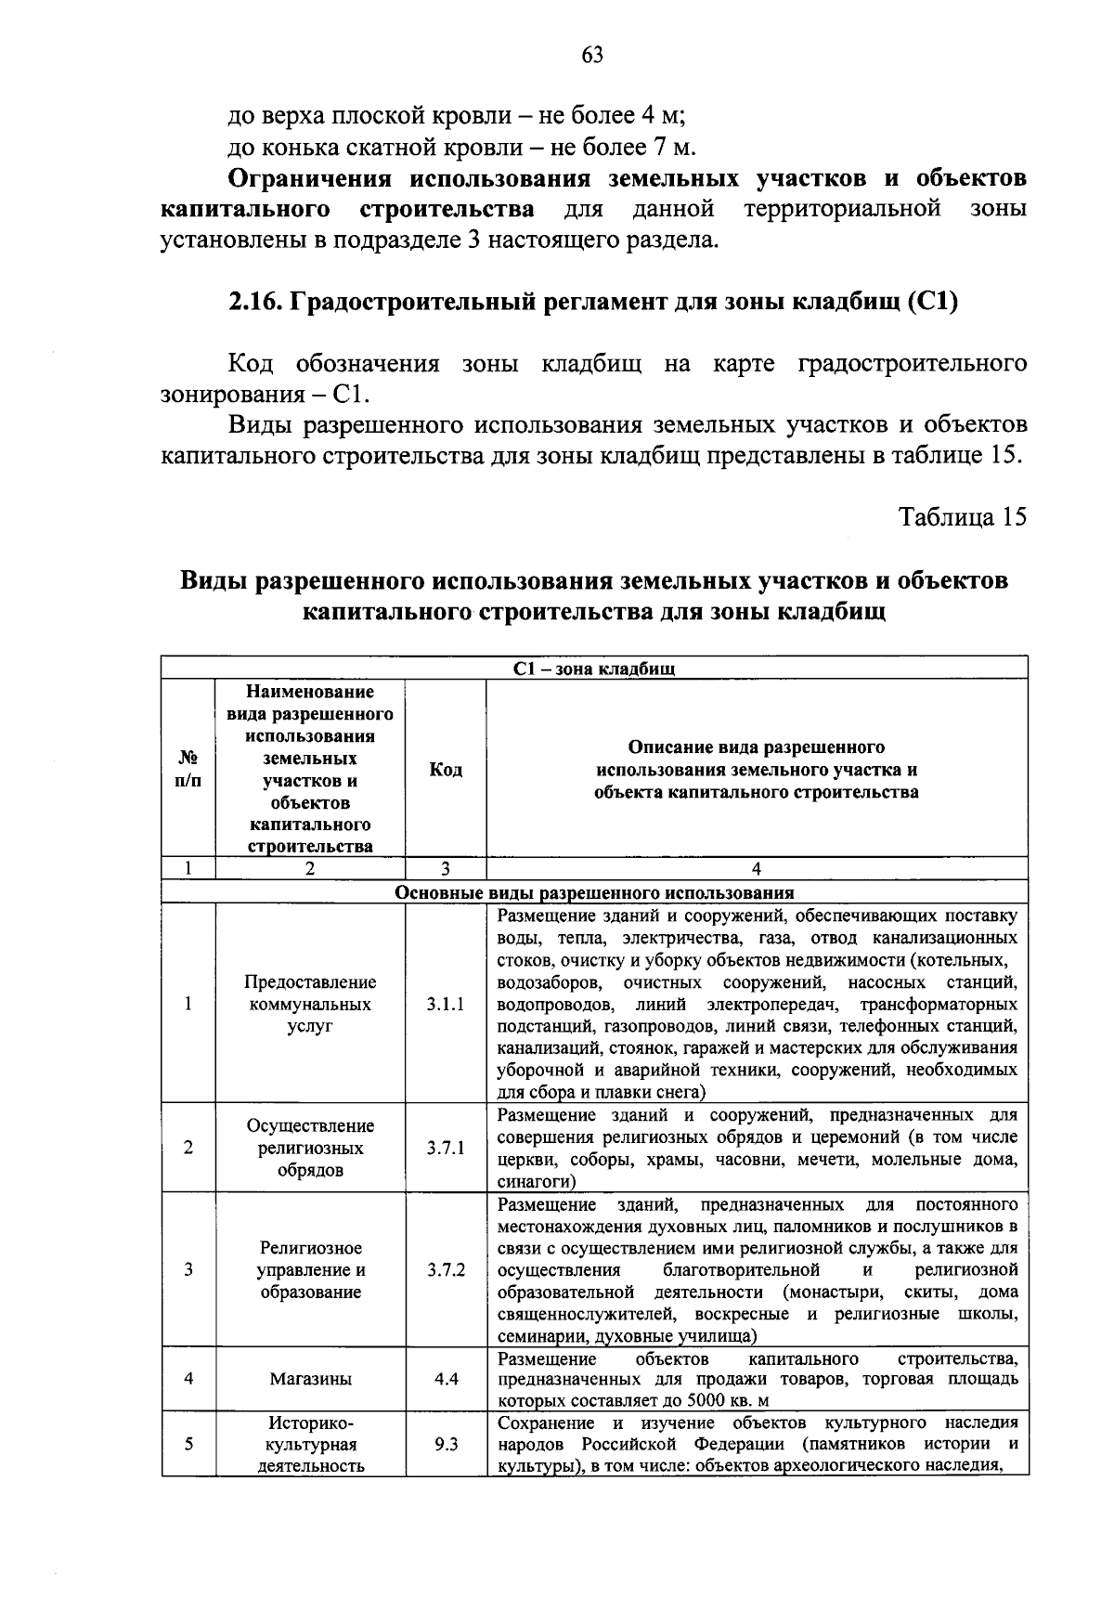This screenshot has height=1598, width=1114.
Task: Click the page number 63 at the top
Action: coord(592,55)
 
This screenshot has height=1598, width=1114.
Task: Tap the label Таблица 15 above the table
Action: coord(963,517)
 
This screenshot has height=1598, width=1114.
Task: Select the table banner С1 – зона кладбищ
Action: coord(594,669)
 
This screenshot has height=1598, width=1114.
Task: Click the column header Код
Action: coord(446,770)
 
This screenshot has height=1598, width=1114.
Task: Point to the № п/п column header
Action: coord(188,770)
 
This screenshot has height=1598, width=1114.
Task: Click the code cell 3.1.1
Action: coord(446,1005)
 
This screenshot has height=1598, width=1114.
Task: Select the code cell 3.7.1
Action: coord(446,1148)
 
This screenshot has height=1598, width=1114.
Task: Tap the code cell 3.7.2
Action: coord(446,1269)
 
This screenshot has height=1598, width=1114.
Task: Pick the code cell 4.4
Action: coord(446,1379)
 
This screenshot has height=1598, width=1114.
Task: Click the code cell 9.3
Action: coord(446,1445)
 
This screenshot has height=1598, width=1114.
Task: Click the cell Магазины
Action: coord(310,1379)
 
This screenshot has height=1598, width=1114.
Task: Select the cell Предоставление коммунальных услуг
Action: coord(310,1005)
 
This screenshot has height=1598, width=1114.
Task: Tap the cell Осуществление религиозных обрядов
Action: coord(310,1148)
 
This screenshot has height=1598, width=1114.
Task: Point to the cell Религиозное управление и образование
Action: coord(310,1269)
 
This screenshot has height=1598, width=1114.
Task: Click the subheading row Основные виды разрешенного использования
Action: coord(594,892)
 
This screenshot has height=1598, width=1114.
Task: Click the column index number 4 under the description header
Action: coord(757,869)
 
